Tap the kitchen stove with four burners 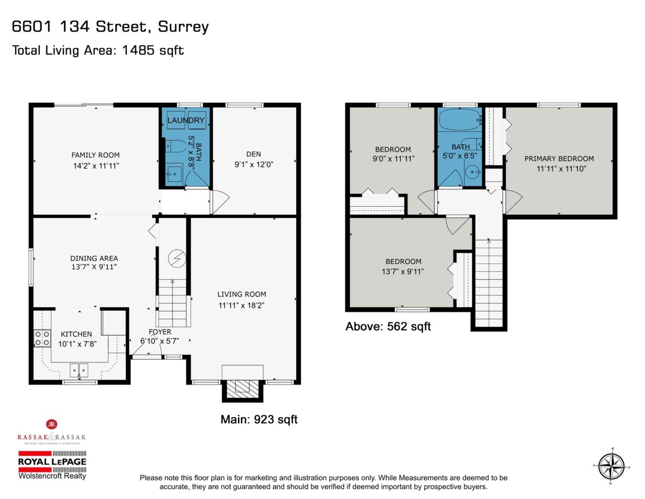click(42, 338)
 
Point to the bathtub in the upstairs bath click(458, 119)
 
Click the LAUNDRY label click(185, 121)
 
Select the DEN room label click(253, 154)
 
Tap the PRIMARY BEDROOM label click(559, 158)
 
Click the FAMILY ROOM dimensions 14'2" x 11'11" click(95, 166)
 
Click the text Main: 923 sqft click(259, 419)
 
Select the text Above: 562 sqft click(388, 326)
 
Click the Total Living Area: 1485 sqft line click(98, 50)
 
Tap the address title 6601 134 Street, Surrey click(110, 27)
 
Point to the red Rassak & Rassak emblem click(53, 424)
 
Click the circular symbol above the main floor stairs click(176, 259)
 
